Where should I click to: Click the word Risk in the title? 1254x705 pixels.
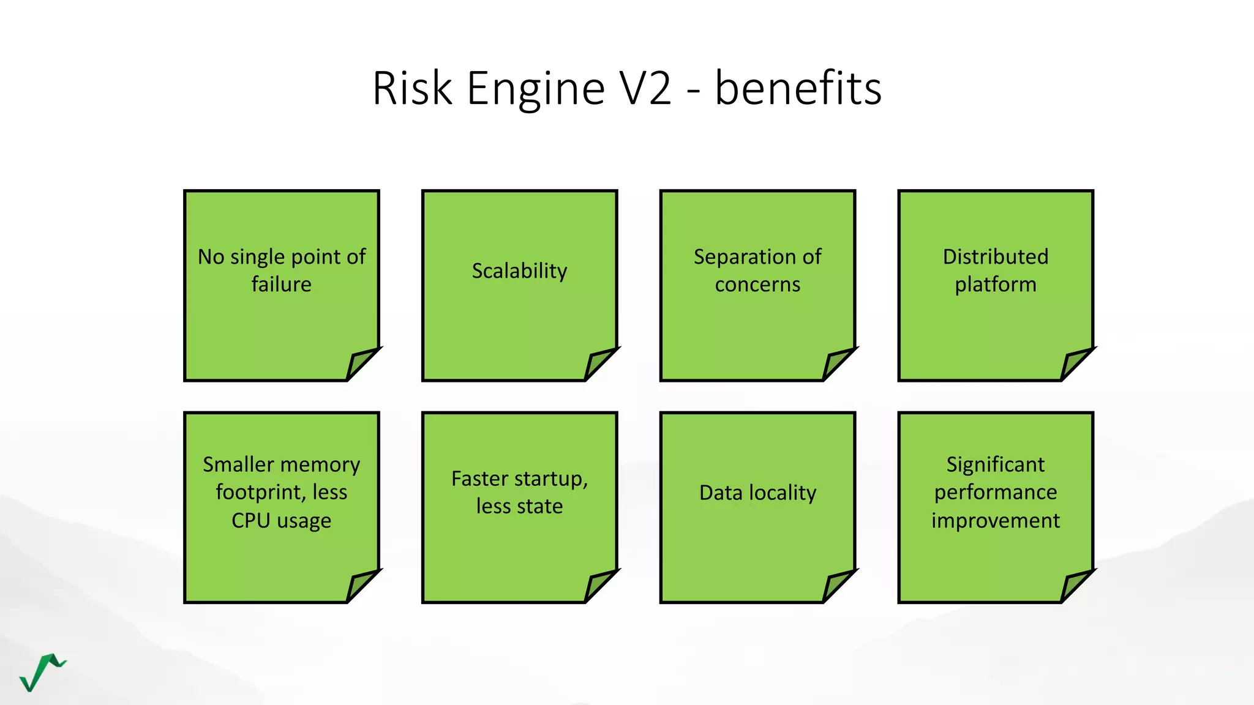(412, 88)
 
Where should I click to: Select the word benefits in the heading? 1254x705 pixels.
(798, 88)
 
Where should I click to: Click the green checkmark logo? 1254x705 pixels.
(42, 672)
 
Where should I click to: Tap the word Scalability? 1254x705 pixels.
(519, 270)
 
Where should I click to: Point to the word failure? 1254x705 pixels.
(281, 285)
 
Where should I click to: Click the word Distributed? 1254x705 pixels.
(995, 256)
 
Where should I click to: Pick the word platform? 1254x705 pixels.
(995, 285)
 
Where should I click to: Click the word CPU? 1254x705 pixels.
(250, 520)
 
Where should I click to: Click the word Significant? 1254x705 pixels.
(995, 464)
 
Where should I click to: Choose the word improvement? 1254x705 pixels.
(995, 520)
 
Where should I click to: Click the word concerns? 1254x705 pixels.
(757, 285)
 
